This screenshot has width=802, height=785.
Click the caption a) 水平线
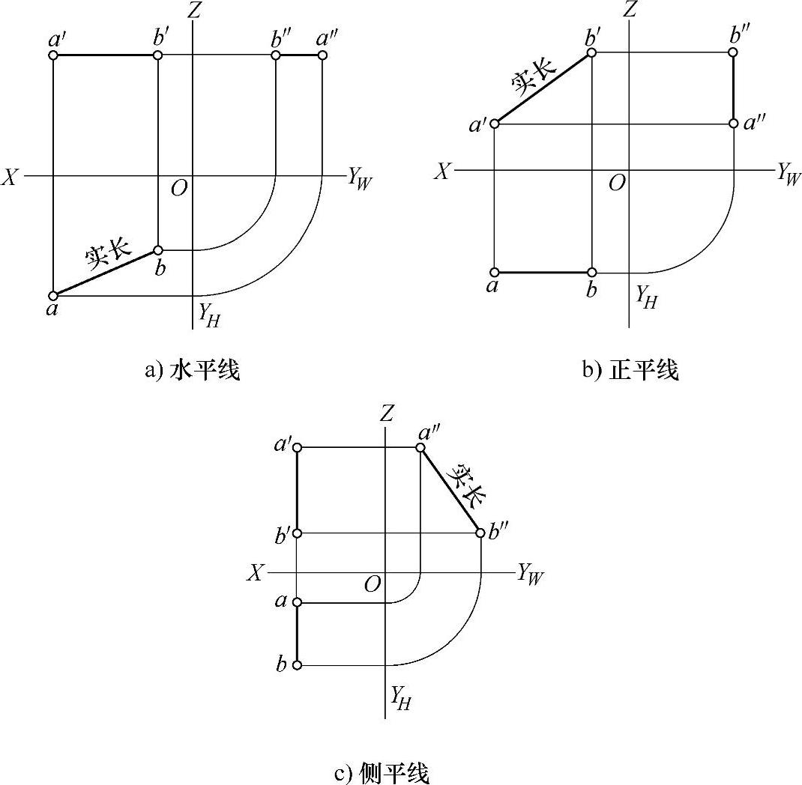point(193,370)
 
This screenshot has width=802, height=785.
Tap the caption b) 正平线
point(630,370)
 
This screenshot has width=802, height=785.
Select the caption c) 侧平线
point(382,772)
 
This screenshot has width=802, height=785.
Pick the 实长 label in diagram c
point(466,485)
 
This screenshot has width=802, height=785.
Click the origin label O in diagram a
point(178,188)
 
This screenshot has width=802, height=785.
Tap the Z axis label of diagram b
point(630,10)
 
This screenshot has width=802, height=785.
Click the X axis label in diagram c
point(256,573)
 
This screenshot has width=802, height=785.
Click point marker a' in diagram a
point(53,55)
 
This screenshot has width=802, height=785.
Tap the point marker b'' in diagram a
point(276,55)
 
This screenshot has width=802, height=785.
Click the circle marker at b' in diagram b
point(591,52)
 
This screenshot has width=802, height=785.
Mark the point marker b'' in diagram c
point(480,533)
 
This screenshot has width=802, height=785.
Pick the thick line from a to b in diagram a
point(105,273)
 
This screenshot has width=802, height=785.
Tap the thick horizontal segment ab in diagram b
point(543,272)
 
